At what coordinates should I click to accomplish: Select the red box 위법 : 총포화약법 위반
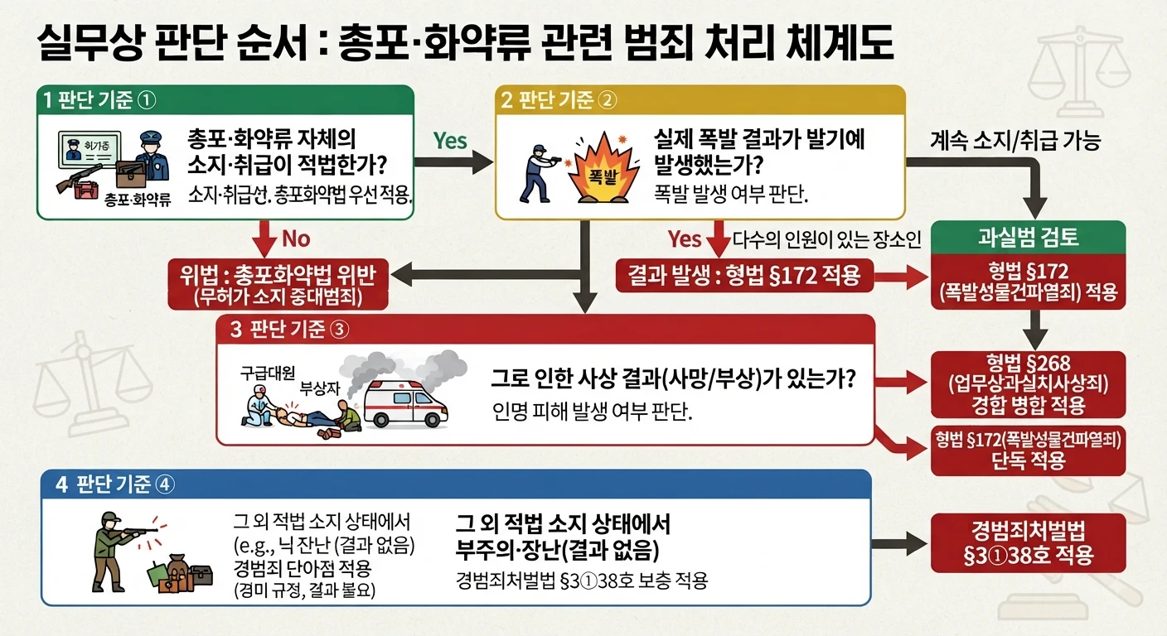click(x=278, y=284)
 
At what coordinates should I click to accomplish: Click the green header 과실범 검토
click(x=1028, y=238)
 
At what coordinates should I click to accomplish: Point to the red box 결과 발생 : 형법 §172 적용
click(x=744, y=275)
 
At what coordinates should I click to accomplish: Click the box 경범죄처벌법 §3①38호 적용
click(x=1028, y=543)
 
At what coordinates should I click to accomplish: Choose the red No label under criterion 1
click(x=296, y=238)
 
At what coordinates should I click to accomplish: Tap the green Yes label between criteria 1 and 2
click(x=450, y=141)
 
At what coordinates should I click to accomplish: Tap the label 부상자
click(x=319, y=388)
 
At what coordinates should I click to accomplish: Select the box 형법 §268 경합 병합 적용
click(x=1028, y=384)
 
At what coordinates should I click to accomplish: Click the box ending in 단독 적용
click(x=1028, y=450)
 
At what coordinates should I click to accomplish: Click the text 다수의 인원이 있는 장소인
click(x=827, y=239)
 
